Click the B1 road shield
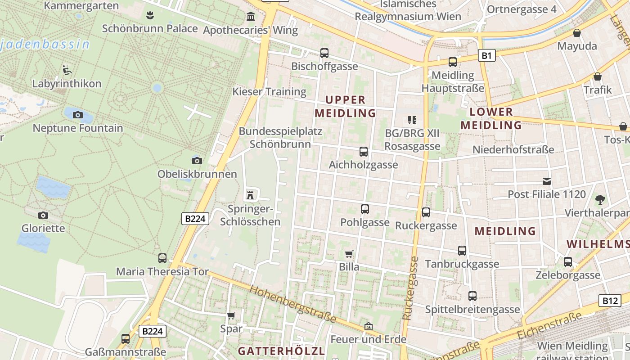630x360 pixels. coord(486,55)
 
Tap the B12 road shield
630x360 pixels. coord(610,301)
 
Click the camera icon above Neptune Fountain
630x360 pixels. coord(78,115)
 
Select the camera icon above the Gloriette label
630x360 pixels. coord(43,215)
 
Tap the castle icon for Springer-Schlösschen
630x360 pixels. coord(250,195)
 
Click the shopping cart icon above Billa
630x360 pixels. coord(349,254)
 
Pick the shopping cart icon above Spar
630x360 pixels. coord(231,316)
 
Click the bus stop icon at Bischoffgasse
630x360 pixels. coord(324,53)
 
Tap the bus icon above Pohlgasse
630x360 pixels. coord(364,209)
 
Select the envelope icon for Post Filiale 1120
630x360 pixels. coord(547,181)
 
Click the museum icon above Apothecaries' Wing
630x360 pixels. coord(251,17)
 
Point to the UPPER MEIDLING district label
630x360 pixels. coord(345,106)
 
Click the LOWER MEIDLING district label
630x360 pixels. coord(491,118)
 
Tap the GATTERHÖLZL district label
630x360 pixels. coord(281,351)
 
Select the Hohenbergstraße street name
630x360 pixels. coord(293,304)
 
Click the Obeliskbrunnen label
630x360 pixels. coord(197,174)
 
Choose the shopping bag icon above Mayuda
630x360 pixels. coord(577,33)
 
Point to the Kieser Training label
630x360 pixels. coord(269,92)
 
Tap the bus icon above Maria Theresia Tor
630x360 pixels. coord(162,258)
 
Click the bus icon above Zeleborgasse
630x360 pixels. coord(568,261)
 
